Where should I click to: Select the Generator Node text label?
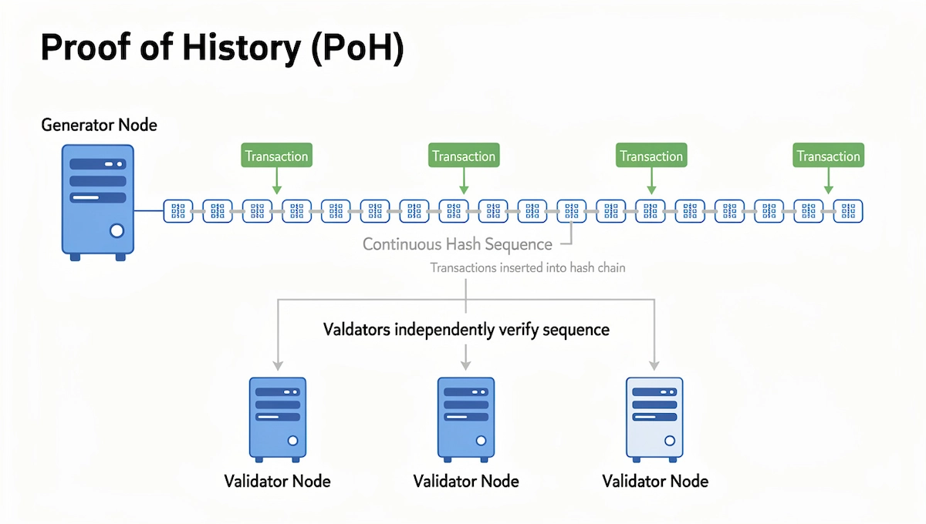pyautogui.click(x=99, y=124)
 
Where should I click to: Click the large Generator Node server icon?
pyautogui.click(x=97, y=200)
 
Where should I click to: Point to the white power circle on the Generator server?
pyautogui.click(x=117, y=230)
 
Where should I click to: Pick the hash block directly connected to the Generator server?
pyautogui.click(x=178, y=210)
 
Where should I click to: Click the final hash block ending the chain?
pyautogui.click(x=848, y=210)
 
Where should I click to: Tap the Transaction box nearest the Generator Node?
pyautogui.click(x=276, y=156)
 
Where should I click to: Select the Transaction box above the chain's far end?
pyautogui.click(x=828, y=156)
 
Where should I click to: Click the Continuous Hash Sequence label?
pyautogui.click(x=457, y=244)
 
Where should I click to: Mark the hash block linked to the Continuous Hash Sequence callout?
pyautogui.click(x=572, y=210)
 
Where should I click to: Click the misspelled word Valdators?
pyautogui.click(x=356, y=330)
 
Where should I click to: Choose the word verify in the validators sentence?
pyautogui.click(x=520, y=330)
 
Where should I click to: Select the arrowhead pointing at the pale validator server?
pyautogui.click(x=654, y=364)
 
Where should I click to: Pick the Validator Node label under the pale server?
pyautogui.click(x=654, y=482)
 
